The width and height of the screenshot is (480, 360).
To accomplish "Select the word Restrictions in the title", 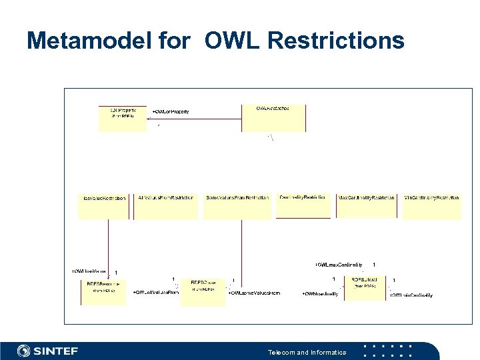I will click(335, 41).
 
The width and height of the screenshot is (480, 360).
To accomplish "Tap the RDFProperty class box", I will click(122, 117).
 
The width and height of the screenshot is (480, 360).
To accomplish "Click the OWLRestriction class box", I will click(273, 117).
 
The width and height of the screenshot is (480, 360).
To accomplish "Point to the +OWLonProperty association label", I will click(171, 112).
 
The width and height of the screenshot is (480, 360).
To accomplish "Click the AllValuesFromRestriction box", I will click(166, 206).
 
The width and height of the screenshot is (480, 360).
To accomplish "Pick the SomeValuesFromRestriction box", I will click(238, 206).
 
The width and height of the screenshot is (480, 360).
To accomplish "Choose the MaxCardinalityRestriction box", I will click(367, 206).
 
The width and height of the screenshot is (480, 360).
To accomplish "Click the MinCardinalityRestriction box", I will click(431, 206).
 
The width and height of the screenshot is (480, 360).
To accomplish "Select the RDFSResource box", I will click(103, 291).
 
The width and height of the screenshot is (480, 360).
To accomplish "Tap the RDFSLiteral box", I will click(365, 288).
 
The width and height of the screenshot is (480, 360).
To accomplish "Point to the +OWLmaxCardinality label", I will click(339, 265).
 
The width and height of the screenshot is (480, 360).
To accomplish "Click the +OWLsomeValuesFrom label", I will click(254, 293).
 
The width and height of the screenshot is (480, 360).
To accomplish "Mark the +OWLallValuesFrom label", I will click(156, 293).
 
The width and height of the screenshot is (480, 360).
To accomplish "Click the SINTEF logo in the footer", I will click(48, 351).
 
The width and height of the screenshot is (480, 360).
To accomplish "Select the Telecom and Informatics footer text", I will click(307, 352).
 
